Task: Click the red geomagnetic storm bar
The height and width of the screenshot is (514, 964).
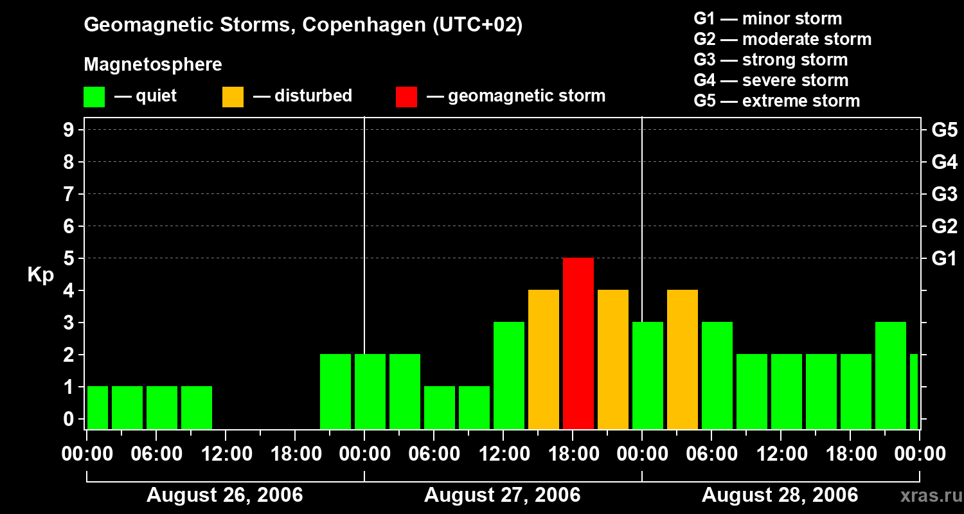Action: coord(578,343)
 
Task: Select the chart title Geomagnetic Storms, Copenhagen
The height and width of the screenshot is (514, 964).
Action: coord(303,25)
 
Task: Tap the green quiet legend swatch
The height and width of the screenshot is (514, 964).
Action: coord(94,96)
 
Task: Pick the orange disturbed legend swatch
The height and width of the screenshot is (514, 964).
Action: coord(233,96)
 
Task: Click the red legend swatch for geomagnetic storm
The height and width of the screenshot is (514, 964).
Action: coord(406,96)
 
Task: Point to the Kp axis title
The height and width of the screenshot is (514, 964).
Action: coord(40,275)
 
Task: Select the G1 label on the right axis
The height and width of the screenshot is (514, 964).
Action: coord(944,258)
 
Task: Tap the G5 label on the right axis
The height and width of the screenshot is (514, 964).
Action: coord(944,130)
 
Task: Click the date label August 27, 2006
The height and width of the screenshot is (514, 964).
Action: coord(502,495)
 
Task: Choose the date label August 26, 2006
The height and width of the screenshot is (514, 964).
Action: coord(224,495)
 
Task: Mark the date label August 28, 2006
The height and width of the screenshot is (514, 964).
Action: coord(780,495)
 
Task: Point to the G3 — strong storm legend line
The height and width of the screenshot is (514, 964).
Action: coord(771,60)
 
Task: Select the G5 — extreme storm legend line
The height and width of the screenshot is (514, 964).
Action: coord(776,101)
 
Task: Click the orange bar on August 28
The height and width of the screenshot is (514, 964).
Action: coord(682,359)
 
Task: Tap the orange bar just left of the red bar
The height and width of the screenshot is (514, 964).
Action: coord(543,359)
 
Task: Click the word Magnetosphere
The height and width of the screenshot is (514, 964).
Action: coord(153,65)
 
